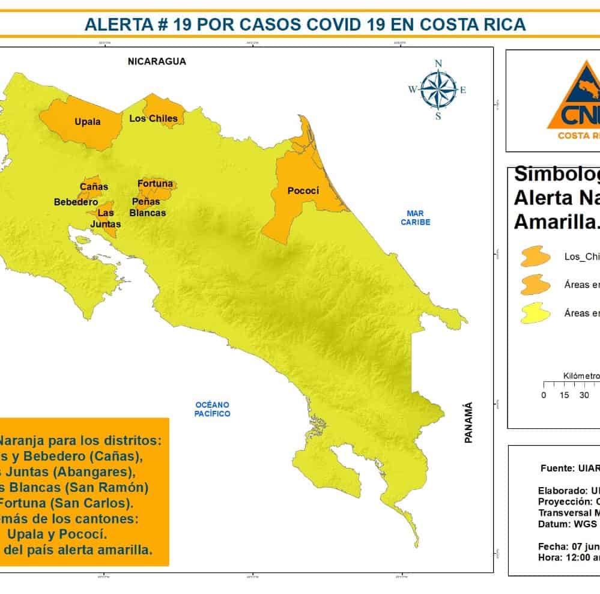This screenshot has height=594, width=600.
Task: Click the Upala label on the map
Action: [x=88, y=122]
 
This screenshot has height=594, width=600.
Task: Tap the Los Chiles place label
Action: [x=153, y=118]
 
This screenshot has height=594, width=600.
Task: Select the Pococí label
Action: [x=303, y=192]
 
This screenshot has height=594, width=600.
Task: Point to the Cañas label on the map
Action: [x=94, y=186]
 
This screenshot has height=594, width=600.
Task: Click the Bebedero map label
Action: [x=76, y=202]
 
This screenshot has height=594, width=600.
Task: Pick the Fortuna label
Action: [x=155, y=183]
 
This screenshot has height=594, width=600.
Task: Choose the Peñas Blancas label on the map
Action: [x=148, y=207]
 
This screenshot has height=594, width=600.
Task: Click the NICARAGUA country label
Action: [x=157, y=61]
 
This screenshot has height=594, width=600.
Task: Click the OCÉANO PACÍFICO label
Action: [x=212, y=409]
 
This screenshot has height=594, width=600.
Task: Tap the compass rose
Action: [x=438, y=89]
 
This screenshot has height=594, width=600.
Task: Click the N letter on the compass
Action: [x=438, y=64]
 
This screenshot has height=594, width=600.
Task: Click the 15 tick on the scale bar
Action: [x=564, y=395]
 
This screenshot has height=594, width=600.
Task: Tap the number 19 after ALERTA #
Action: [x=181, y=24]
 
